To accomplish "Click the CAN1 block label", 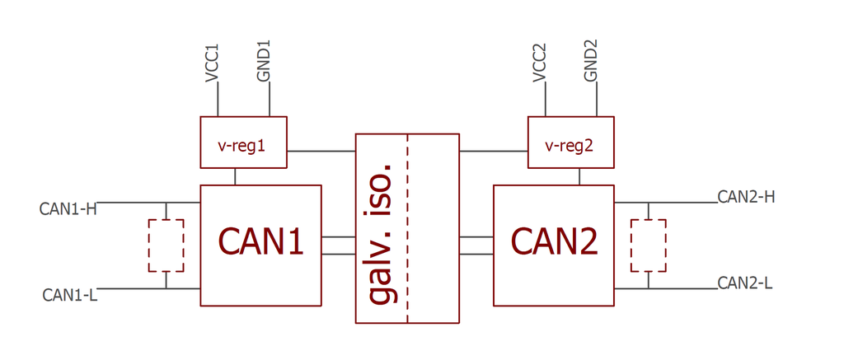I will point(260,241).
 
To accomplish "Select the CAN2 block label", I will point(554,241).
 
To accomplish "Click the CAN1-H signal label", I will point(68,209).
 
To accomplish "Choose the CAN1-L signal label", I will point(69,295).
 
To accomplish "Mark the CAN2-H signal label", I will point(746,197).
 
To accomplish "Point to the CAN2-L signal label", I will point(745,283).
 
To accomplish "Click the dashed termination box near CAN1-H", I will point(166,245).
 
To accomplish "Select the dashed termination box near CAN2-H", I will point(648,245).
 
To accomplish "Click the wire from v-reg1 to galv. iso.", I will point(321,151).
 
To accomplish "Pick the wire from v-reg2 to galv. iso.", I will point(493,151).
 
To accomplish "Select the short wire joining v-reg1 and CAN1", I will point(236,176).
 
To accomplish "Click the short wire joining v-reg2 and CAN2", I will point(579,176).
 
